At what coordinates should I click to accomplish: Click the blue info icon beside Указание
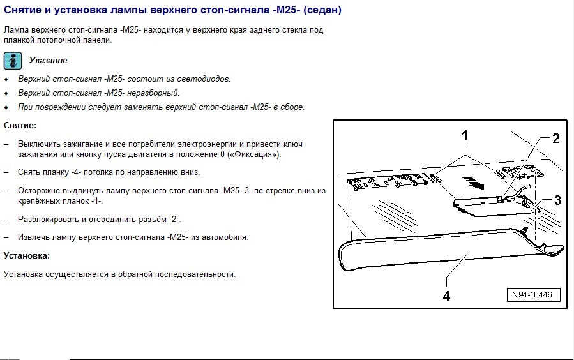(13, 61)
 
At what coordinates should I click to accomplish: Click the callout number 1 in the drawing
(465, 135)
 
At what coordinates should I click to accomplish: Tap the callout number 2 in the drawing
(556, 138)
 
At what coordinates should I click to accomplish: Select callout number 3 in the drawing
(557, 200)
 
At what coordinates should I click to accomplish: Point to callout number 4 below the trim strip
(447, 296)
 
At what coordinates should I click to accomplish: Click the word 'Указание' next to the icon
(48, 61)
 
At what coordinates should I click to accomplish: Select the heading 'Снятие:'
(20, 125)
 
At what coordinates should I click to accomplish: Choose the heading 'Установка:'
(26, 255)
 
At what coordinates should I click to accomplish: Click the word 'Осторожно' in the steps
(38, 191)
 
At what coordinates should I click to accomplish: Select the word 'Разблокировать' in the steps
(48, 219)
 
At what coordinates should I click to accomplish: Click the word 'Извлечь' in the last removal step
(33, 237)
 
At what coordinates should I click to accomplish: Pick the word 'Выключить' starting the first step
(38, 144)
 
